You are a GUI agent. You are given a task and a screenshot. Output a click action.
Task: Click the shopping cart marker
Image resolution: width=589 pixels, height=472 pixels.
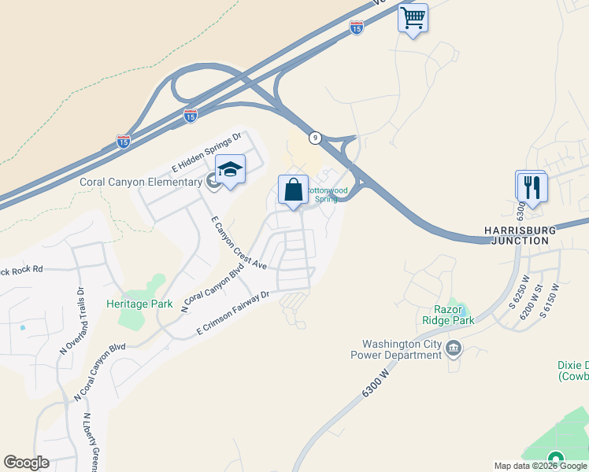coord(413,18)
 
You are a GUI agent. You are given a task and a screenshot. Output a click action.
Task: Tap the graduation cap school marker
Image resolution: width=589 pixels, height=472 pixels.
coord(230,170)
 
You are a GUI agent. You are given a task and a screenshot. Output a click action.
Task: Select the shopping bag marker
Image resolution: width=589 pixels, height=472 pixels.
coord(293,190)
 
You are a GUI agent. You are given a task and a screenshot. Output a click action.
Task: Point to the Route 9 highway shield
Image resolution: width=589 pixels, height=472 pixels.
coord(315,138)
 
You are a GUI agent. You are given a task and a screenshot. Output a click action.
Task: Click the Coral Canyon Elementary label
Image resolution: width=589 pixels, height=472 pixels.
coord(141,183)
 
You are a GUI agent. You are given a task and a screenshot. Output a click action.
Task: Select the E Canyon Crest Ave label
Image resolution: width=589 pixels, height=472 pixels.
coord(239,242)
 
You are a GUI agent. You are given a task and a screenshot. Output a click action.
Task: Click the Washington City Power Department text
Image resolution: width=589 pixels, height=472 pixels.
coord(402,349)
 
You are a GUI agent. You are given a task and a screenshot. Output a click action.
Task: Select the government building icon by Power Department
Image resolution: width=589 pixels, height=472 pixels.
coord(454,348)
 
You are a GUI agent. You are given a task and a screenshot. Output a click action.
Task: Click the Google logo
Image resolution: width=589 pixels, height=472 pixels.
coord(26,463)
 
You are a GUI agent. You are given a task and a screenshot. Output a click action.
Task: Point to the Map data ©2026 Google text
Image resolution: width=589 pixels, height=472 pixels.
coord(540,466)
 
